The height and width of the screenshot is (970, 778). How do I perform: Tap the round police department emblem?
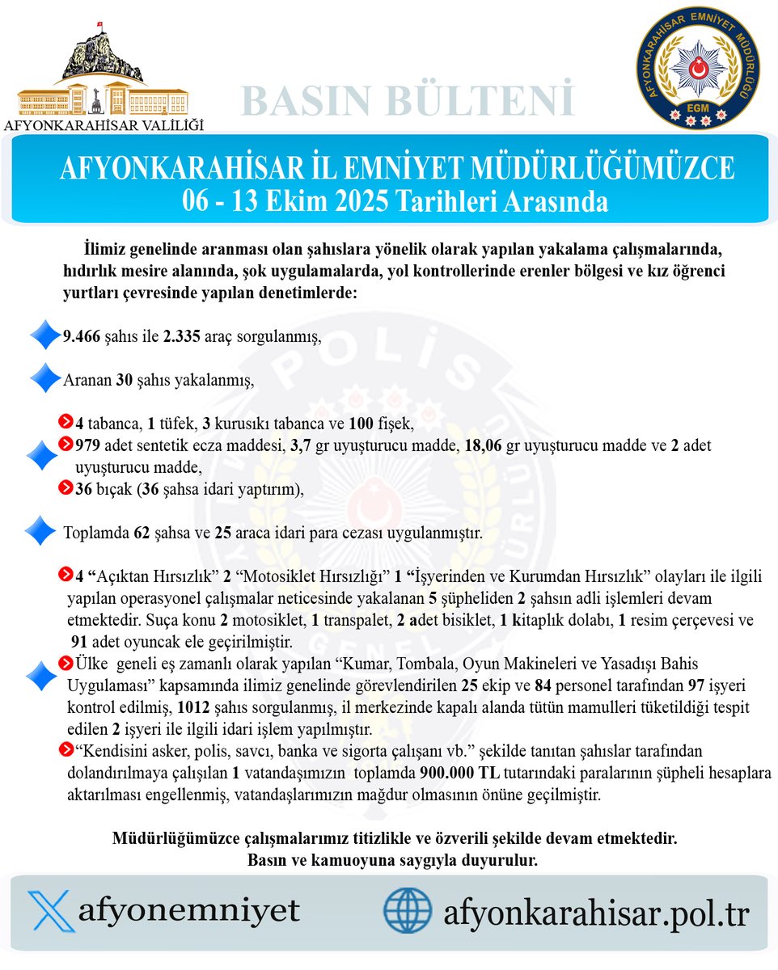(x=697, y=67)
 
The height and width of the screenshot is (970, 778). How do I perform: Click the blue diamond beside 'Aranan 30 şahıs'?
(x=44, y=379)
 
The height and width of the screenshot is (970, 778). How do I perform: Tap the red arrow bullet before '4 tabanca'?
(x=67, y=423)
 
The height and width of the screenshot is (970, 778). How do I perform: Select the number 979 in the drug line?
(x=87, y=445)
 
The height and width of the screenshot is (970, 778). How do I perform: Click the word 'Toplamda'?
(x=96, y=533)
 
